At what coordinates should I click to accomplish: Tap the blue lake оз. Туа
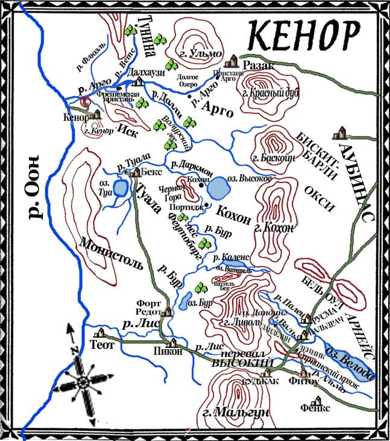[119, 188]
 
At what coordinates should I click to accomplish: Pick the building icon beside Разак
[230, 61]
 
